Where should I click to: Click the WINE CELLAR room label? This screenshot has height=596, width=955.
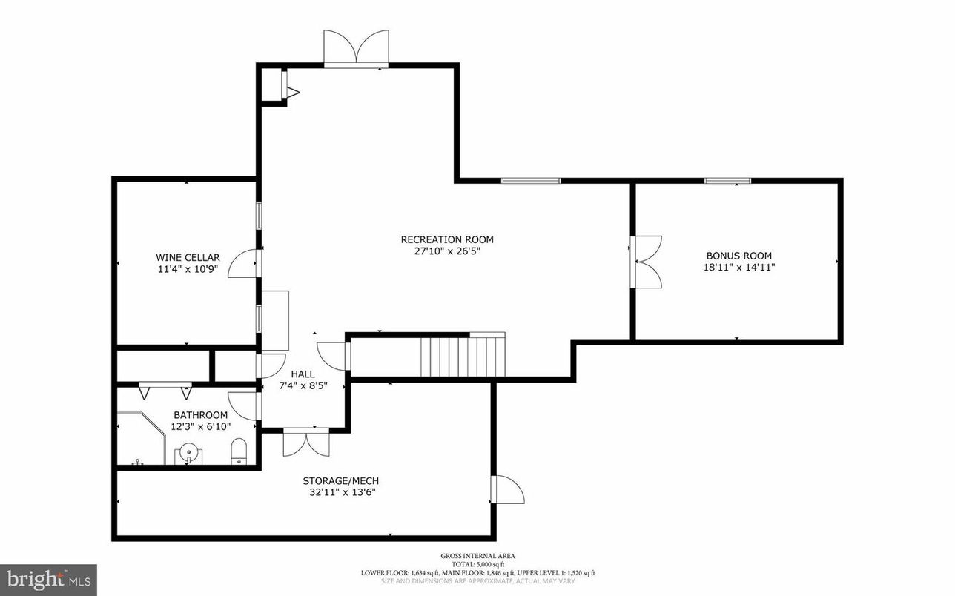pos(188,257)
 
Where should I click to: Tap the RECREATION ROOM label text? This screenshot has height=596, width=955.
pos(447,239)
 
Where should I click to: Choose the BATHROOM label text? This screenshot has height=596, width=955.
pos(200,415)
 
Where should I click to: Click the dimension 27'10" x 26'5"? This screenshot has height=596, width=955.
pos(447,251)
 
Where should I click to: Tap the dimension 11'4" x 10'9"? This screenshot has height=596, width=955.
pos(188,269)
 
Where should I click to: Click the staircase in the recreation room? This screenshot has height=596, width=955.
pos(463,357)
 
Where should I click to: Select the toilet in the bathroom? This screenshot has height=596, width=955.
pos(239,451)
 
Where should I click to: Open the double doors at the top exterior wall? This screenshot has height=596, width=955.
pos(357,49)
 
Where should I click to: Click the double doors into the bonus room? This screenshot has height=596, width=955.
pos(647,262)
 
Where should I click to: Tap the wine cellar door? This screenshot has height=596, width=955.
pos(243,262)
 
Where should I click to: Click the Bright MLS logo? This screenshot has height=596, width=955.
pos(48,577)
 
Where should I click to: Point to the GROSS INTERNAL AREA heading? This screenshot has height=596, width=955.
pos(477,555)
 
